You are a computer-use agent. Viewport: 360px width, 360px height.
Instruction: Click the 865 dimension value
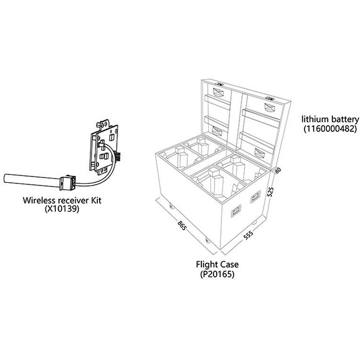click(x=181, y=226)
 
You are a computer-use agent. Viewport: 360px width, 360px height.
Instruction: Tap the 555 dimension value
click(x=248, y=235)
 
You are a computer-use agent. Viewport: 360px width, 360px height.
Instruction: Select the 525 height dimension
click(x=271, y=192)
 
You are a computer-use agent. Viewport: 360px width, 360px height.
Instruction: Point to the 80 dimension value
click(x=278, y=171)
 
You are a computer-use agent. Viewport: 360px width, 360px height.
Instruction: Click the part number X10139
click(x=62, y=209)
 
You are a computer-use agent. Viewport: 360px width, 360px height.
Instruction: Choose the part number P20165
click(x=217, y=274)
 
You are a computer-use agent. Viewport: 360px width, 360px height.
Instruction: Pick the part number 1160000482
click(x=330, y=129)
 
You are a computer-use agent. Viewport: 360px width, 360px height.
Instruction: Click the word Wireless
click(x=39, y=200)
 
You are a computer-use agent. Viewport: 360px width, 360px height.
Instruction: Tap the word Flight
click(x=207, y=265)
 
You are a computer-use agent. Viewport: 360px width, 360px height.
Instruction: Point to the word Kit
click(x=95, y=200)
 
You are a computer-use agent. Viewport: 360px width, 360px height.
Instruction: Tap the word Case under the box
click(x=229, y=265)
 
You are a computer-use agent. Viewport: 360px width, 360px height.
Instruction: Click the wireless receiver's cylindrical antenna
click(x=32, y=180)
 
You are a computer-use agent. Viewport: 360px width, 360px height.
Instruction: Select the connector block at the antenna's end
click(x=68, y=183)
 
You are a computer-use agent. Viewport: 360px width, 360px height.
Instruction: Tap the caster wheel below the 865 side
click(x=207, y=240)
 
